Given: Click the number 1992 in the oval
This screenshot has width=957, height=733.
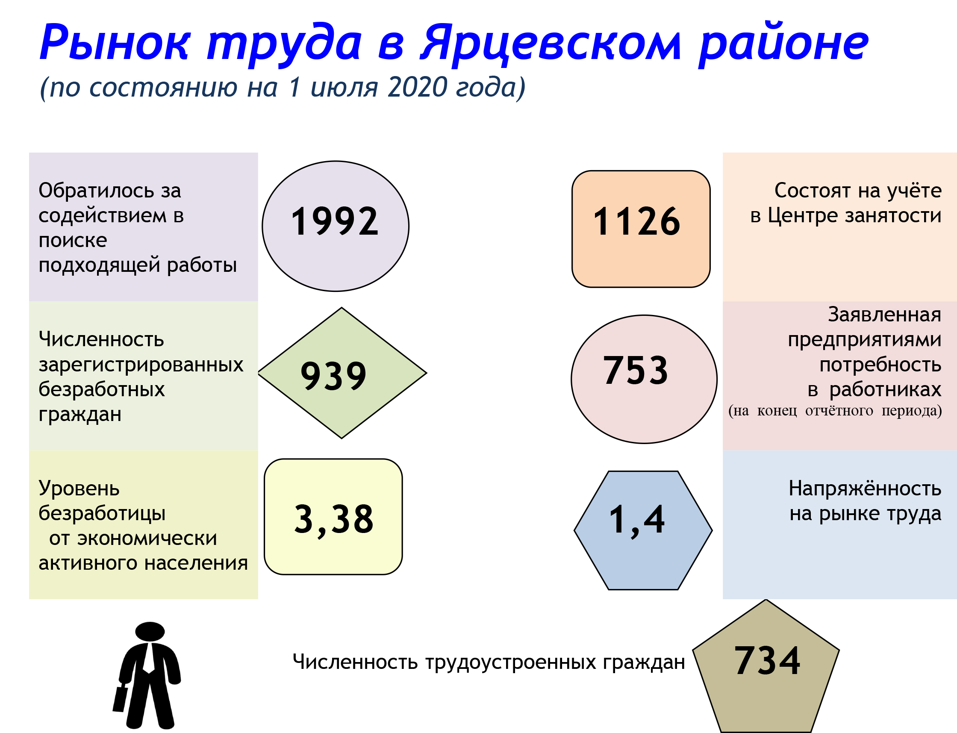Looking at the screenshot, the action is (x=335, y=221).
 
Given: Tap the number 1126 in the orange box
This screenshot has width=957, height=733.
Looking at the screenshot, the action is (x=637, y=221).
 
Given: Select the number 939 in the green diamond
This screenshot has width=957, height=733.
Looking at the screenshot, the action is (x=334, y=376).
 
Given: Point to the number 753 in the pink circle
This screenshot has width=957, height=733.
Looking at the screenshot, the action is (x=636, y=371).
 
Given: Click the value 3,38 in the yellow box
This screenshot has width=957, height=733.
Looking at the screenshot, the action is (x=334, y=520).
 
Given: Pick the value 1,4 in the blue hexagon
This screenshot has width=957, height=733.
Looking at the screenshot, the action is (x=637, y=520).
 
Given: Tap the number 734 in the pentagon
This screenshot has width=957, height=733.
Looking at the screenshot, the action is (x=768, y=661).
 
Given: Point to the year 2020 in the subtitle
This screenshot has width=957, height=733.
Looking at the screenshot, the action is (x=417, y=87).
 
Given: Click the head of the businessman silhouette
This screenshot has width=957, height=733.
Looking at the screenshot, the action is (x=150, y=631).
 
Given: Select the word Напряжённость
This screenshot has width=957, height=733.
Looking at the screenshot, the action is (x=865, y=488).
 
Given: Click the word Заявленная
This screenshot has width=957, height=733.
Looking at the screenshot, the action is (x=885, y=315).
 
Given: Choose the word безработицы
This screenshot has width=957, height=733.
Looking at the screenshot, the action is (x=102, y=514).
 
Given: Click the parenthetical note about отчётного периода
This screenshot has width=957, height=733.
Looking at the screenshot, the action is (x=835, y=411).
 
